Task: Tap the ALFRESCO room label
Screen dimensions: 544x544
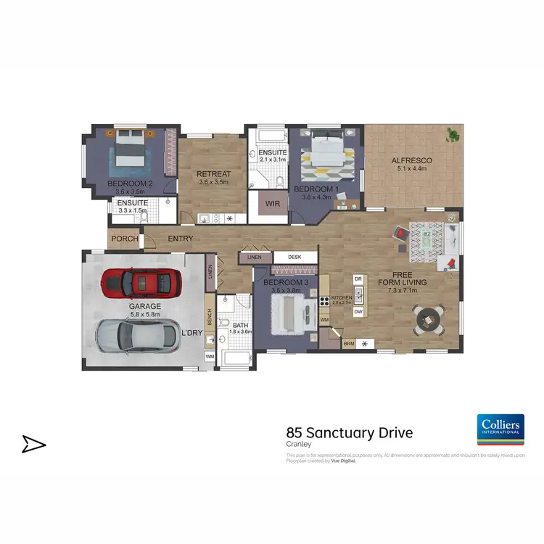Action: [411, 160]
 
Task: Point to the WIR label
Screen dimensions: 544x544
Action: [273, 204]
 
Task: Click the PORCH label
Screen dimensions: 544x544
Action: [125, 239]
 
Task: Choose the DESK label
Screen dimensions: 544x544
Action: [294, 257]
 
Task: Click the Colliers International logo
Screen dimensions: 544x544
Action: [499, 429]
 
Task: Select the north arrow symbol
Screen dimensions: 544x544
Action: [33, 444]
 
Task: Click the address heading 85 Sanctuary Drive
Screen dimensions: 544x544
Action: [350, 433]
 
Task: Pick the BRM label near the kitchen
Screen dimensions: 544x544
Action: [349, 344]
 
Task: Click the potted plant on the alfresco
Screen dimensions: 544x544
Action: [454, 133]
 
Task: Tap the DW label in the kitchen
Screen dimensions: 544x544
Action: [358, 312]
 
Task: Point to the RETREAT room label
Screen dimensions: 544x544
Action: [214, 174]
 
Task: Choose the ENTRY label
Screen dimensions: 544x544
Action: [180, 239]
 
